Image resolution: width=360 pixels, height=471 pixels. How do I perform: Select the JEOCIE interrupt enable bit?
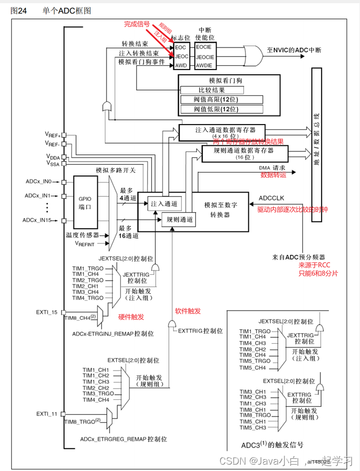point(205,56)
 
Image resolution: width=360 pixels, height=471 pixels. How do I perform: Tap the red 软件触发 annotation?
point(187,311)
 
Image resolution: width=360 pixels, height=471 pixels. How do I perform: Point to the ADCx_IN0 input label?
point(37,182)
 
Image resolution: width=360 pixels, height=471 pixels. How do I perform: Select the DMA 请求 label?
point(273,167)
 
